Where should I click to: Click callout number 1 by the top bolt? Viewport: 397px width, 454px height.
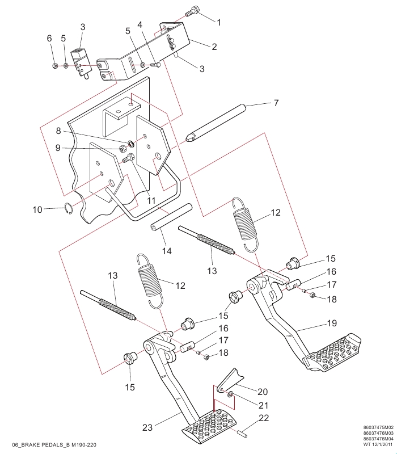[x=218, y=21]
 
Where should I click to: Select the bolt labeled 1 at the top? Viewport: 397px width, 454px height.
[x=193, y=11]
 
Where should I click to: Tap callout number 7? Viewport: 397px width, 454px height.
[x=276, y=103]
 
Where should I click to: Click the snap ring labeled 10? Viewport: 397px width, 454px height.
[x=67, y=208]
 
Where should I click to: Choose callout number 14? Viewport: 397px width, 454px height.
[x=166, y=250]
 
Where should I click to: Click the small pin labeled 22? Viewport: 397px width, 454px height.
[x=242, y=434]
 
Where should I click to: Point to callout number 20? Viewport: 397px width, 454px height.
[x=262, y=391]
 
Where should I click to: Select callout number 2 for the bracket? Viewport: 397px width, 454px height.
[x=214, y=47]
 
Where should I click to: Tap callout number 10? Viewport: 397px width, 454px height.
[x=37, y=210]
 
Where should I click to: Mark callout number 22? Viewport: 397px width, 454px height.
[x=263, y=418]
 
